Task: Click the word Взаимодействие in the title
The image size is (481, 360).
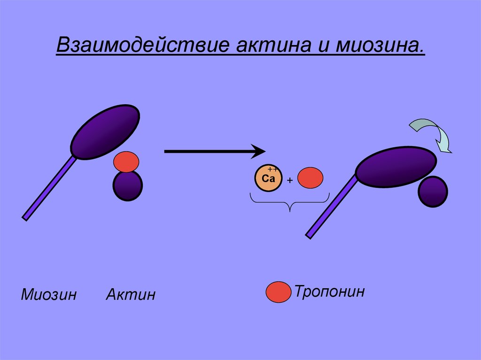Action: [x=141, y=46]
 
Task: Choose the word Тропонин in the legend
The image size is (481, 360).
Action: [x=329, y=291]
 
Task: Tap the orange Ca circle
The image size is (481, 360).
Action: [x=269, y=178]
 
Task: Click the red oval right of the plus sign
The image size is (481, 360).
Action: [x=310, y=178]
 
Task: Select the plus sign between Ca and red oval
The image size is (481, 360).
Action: [x=290, y=180]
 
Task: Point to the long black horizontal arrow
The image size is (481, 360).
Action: [x=214, y=151]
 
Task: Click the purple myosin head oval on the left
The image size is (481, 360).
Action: [x=105, y=131]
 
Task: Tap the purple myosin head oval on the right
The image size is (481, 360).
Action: [x=396, y=167]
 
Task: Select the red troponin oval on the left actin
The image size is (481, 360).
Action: [x=126, y=162]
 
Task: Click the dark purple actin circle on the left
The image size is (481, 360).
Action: [x=127, y=186]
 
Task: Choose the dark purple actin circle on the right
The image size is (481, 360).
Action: [x=433, y=191]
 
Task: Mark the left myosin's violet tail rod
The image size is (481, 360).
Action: [x=49, y=188]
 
